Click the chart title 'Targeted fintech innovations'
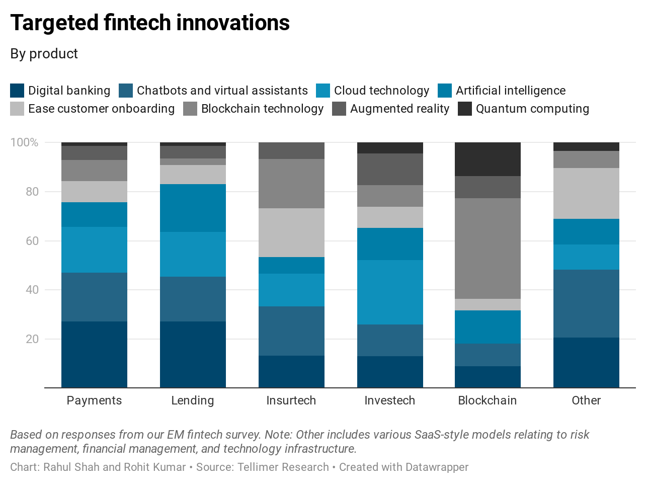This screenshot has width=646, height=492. point(150,23)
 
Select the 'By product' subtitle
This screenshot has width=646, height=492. point(44,54)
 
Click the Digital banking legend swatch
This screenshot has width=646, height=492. point(17,91)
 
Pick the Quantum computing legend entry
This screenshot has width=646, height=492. point(532,109)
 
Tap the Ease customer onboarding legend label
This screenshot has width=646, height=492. point(101,109)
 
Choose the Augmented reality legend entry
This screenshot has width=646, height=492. point(399,109)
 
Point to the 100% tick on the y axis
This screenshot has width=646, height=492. point(24,142)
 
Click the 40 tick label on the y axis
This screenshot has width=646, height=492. point(32,290)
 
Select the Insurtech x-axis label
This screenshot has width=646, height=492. point(291,400)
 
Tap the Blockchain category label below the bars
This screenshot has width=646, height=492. point(487,400)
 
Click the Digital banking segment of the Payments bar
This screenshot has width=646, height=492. point(94,354)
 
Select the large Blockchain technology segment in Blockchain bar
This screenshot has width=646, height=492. point(488,249)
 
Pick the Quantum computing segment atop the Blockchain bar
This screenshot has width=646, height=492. point(488,159)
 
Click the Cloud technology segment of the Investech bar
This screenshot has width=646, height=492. point(390,292)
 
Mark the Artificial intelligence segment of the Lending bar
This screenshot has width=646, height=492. point(193,208)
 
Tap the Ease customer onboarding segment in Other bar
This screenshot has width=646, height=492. point(586,193)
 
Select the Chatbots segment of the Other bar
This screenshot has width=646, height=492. point(586,303)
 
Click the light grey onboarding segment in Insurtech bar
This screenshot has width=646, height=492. point(291,232)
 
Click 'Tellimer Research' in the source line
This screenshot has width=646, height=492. point(283,467)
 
